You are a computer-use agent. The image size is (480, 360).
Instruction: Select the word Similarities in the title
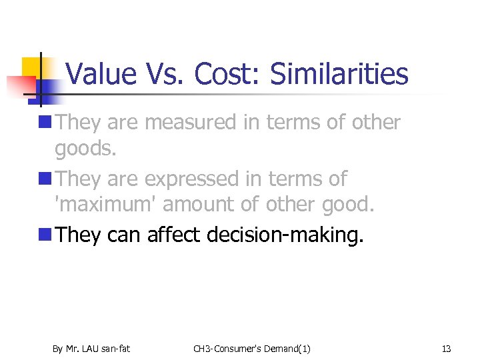point(339,74)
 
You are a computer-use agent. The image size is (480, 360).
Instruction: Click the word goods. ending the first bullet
point(85,149)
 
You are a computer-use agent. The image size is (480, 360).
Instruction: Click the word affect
point(173,235)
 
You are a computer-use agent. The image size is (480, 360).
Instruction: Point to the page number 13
point(446,349)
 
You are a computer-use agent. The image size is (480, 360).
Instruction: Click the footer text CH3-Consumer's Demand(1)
point(251,349)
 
